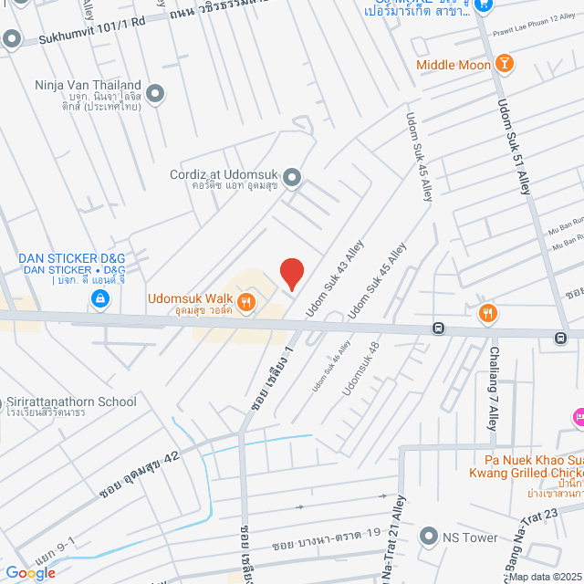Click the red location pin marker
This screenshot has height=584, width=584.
(291, 274)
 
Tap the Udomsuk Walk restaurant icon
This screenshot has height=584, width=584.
(245, 300)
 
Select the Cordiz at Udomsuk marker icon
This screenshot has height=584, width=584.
(292, 176)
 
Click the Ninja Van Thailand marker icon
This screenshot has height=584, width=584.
(155, 92)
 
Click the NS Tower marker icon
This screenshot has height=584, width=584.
(428, 537)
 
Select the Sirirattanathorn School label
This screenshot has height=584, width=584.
(71, 401)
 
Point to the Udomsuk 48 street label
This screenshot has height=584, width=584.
(360, 368)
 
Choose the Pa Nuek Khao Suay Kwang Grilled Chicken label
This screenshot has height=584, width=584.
(520, 465)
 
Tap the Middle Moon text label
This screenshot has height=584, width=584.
(454, 65)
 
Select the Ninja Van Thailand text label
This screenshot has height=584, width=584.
(88, 86)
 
